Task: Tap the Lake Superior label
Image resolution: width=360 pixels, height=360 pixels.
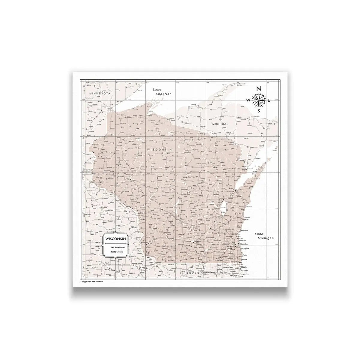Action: pyautogui.click(x=162, y=91)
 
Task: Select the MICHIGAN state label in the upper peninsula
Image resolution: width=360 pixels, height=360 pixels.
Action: pyautogui.click(x=221, y=124)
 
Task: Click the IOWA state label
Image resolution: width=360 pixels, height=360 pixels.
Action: pyautogui.click(x=143, y=268)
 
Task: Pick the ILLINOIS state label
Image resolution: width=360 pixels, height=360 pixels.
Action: pyautogui.click(x=189, y=274)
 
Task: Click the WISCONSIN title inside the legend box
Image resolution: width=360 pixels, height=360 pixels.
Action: pyautogui.click(x=115, y=238)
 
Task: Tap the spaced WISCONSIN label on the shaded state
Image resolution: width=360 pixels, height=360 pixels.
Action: pyautogui.click(x=159, y=149)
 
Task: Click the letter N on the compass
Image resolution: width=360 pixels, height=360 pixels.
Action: pyautogui.click(x=259, y=88)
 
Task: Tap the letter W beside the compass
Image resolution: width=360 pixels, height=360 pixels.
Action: pyautogui.click(x=248, y=100)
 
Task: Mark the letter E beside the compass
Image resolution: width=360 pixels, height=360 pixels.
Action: pyautogui.click(x=269, y=100)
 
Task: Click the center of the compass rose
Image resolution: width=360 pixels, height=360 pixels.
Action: pyautogui.click(x=259, y=100)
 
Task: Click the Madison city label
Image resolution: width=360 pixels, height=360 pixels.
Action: pyautogui.click(x=197, y=241)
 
